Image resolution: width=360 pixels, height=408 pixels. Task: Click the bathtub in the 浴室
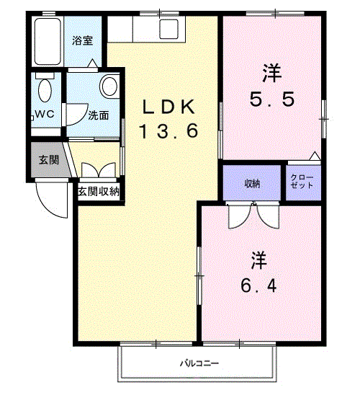click(x=48, y=41)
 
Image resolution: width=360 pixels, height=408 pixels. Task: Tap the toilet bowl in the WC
click(x=45, y=90)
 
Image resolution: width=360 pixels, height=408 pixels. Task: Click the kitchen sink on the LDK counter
click(x=168, y=29)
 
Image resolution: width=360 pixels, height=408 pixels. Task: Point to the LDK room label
click(x=168, y=107)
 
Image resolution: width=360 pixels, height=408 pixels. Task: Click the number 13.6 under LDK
click(x=168, y=130)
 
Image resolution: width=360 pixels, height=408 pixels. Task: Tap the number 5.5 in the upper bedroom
click(x=272, y=99)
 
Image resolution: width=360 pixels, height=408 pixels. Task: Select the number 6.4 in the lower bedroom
click(x=258, y=285)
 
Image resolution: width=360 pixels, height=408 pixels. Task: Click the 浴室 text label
click(x=82, y=40)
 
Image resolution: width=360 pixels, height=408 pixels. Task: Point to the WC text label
click(x=45, y=114)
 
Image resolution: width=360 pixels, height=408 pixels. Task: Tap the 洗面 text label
click(x=98, y=115)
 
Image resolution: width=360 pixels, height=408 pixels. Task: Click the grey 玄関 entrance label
click(x=49, y=160)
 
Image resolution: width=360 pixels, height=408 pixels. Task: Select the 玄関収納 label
click(x=99, y=191)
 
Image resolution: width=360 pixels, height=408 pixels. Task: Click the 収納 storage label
click(x=252, y=184)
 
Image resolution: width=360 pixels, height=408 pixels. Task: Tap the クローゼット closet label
click(x=302, y=182)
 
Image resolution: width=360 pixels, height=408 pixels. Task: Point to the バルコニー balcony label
click(x=199, y=363)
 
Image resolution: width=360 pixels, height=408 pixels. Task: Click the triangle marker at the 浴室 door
click(x=93, y=63)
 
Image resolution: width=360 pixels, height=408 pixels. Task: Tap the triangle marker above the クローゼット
click(x=315, y=156)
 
